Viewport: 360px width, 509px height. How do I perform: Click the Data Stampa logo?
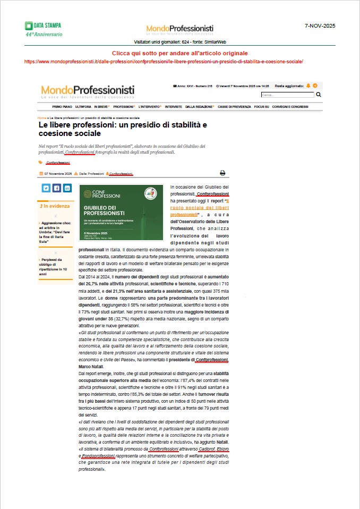[x=43, y=29]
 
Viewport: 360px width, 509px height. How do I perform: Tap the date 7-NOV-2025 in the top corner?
[x=320, y=26]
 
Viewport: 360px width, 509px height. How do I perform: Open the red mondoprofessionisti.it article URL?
[x=164, y=61]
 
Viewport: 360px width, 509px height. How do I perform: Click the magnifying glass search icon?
[x=319, y=95]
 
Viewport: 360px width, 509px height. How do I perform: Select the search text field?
[x=287, y=95]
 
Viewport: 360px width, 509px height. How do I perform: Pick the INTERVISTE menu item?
[x=173, y=107]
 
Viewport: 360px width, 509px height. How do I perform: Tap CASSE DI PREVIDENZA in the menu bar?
[x=234, y=107]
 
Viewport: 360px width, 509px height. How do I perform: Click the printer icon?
[x=222, y=173]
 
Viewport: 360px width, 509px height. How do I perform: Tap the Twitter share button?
[x=46, y=188]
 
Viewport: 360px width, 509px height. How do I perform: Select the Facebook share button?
[x=57, y=188]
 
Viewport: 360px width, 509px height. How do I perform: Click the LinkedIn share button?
[x=67, y=188]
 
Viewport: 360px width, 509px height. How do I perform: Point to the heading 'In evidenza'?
[x=55, y=206]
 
